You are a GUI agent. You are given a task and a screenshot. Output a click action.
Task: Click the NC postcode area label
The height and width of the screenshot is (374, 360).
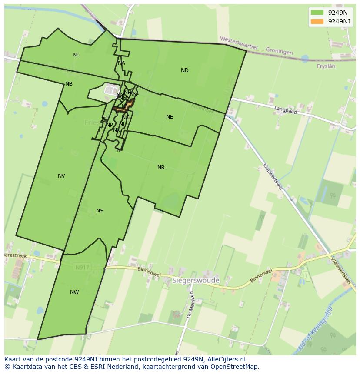(77, 55)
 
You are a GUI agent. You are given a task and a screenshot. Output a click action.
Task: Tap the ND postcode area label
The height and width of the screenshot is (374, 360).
(185, 70)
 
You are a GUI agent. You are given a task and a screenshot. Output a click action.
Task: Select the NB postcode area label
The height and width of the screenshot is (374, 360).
(69, 84)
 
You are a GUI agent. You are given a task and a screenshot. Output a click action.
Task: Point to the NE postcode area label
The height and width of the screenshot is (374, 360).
(170, 117)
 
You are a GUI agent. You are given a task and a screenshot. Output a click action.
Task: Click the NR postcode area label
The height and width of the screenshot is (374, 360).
(161, 168)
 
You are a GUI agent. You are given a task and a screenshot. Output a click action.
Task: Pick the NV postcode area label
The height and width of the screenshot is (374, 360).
(61, 176)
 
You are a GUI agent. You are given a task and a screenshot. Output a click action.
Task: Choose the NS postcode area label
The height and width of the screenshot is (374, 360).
(100, 211)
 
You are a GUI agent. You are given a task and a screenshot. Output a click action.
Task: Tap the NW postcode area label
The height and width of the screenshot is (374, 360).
(74, 292)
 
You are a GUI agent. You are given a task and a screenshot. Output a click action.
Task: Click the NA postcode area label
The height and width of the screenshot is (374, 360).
(121, 63)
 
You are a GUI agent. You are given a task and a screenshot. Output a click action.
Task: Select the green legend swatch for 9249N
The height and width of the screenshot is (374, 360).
(317, 13)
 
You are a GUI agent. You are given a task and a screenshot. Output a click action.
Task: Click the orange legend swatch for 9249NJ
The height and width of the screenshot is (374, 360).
(317, 21)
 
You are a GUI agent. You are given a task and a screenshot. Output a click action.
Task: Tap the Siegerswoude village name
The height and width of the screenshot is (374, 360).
(196, 281)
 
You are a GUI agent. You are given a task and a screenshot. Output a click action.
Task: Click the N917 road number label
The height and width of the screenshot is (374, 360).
(82, 268)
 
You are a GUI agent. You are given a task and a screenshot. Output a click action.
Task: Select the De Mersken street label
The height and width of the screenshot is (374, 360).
(190, 305)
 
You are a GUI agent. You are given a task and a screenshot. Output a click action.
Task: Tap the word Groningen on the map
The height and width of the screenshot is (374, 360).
(279, 52)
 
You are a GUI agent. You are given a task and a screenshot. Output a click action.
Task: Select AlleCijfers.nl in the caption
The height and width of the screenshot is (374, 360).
(227, 359)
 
